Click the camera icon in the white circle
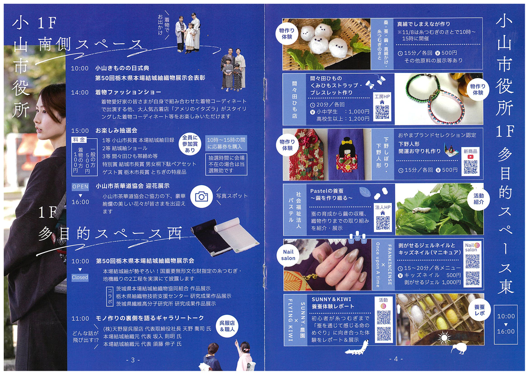(x=201, y=196)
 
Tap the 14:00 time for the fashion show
(x=80, y=92)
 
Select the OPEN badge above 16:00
(x=80, y=187)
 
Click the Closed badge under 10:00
(x=80, y=277)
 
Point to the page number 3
(x=133, y=360)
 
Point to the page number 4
(x=396, y=359)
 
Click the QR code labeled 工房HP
(x=382, y=112)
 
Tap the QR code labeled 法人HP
(x=383, y=223)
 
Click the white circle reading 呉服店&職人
(x=227, y=326)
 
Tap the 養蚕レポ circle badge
(x=479, y=310)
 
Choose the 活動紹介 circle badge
(x=478, y=199)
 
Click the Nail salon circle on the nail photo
(x=288, y=255)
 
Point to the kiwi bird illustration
(x=459, y=348)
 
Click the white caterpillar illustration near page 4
(x=356, y=348)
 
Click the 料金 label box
(x=79, y=140)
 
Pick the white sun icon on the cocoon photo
(x=444, y=337)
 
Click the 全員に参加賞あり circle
(x=190, y=144)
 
